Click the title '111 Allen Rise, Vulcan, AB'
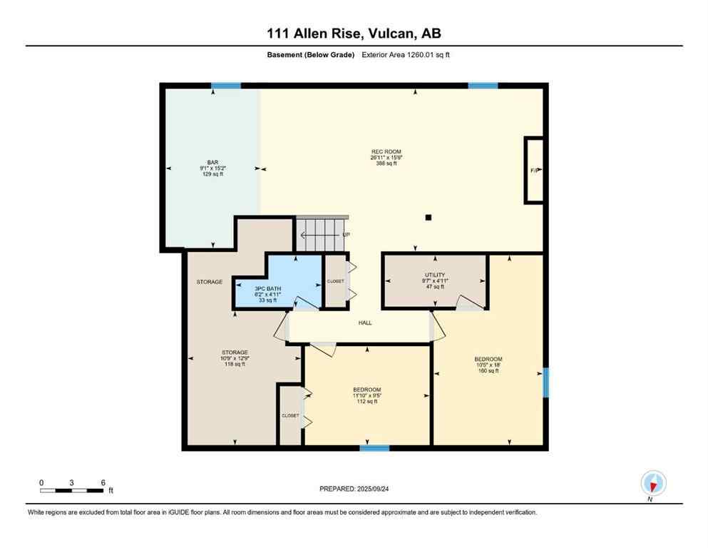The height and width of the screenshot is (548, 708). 354,34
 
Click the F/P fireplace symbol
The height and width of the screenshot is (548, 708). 534,170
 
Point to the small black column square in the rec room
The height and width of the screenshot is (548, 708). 428,218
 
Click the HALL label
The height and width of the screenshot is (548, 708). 365,323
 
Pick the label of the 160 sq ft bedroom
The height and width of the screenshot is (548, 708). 488,364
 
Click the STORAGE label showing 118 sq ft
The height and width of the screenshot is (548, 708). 235,357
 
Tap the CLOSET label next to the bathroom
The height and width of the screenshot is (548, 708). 335,281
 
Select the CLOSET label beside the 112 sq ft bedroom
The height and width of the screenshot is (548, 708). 290,415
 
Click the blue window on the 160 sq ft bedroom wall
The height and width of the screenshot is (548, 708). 545,382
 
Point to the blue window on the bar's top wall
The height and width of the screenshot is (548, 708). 226,86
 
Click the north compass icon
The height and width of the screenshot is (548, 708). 653,483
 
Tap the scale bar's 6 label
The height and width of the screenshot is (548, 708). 103,482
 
